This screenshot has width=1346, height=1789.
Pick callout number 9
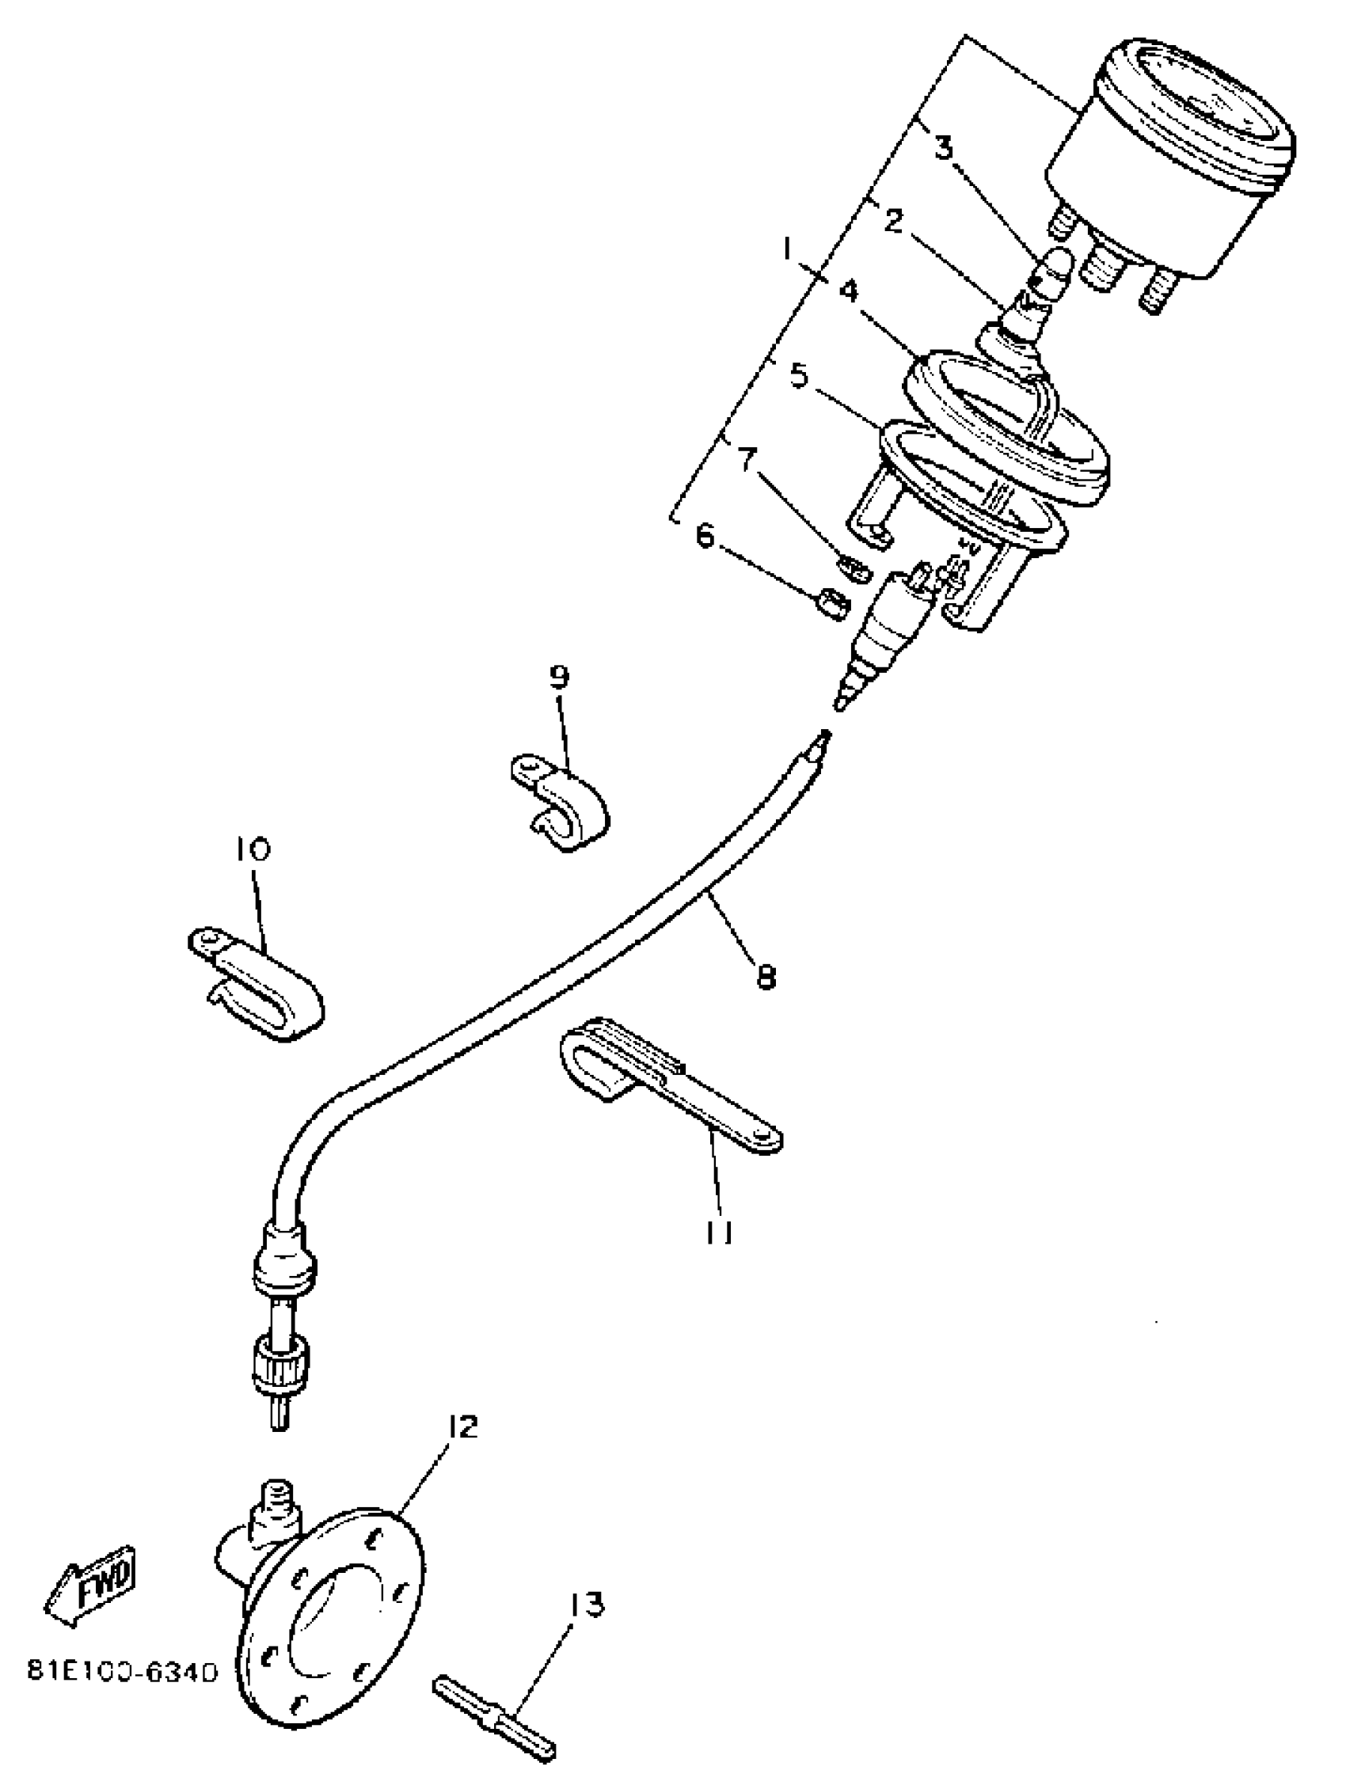(x=560, y=676)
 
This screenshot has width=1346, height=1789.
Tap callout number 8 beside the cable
(x=765, y=977)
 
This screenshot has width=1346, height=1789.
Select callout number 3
(x=944, y=148)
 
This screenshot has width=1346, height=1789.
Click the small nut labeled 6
(x=830, y=604)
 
